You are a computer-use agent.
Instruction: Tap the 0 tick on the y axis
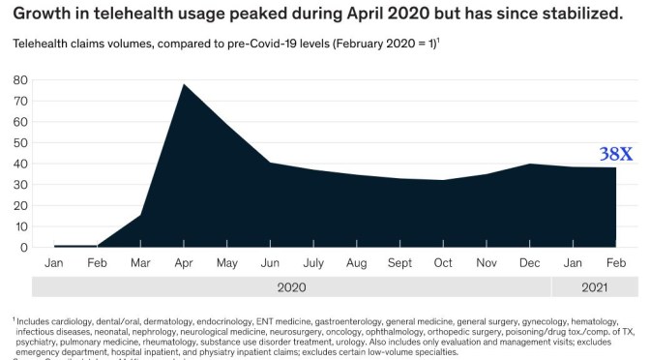[x=22, y=247]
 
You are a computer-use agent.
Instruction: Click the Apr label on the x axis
[x=184, y=263]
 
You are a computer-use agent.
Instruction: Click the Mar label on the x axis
[x=140, y=263]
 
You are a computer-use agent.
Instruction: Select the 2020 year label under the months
[x=291, y=287]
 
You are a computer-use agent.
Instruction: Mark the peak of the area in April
[x=184, y=84]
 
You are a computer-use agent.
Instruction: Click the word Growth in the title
[x=44, y=14]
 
